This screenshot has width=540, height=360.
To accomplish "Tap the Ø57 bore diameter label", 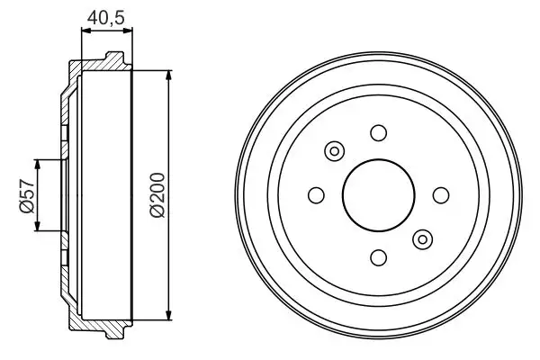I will pyautogui.click(x=25, y=194).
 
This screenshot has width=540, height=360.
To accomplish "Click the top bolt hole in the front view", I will pyautogui.click(x=378, y=133).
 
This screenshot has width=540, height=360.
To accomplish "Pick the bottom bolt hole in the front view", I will pyautogui.click(x=378, y=256).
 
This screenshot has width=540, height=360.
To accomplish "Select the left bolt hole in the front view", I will pyautogui.click(x=316, y=194).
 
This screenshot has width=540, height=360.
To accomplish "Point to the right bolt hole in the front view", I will pyautogui.click(x=440, y=194).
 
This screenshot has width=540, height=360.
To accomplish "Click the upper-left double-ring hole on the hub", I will pyautogui.click(x=334, y=151).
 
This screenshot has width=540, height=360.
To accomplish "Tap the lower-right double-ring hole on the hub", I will pyautogui.click(x=421, y=238).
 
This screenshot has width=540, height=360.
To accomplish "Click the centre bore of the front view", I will pyautogui.click(x=378, y=194).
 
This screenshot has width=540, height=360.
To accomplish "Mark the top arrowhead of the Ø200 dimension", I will pyautogui.click(x=169, y=75).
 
